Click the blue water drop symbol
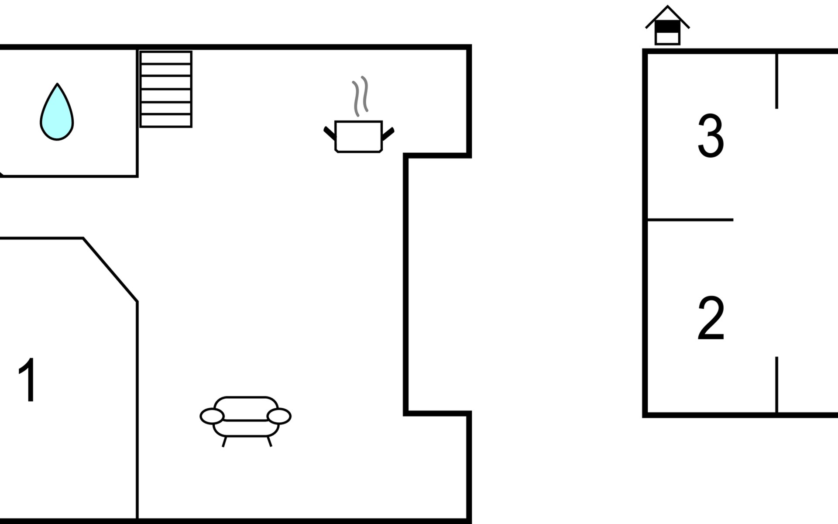pos(57,113)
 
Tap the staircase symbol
pos(166,89)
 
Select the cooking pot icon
pos(359,137)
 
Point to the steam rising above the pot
pos(361,96)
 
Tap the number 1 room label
pos(27,380)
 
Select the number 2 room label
pos(711,318)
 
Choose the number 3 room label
pos(711,136)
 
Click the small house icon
pos(667,25)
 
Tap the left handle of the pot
pos(330,133)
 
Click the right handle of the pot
pos(388,134)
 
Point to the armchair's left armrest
pos(212,416)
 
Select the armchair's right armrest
pos(279,416)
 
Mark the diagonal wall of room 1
pos(110,270)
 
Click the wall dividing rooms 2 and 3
pos(690,220)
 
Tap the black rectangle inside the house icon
pos(667,27)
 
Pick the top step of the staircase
pos(166,58)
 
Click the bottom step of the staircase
pos(166,121)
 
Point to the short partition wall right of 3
pos(777,81)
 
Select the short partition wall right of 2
pos(777,385)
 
